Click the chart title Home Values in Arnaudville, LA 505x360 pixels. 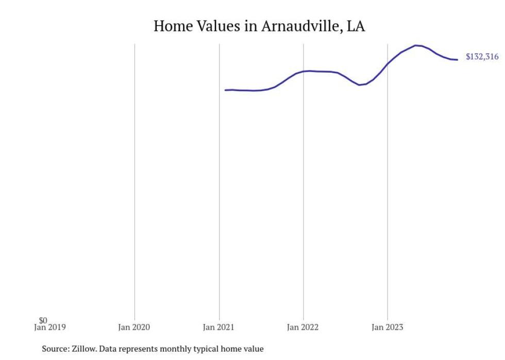tap(259, 26)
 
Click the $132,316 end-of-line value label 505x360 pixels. tap(482, 57)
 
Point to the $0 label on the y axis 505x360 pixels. tap(43, 320)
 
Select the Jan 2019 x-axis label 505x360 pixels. tap(50, 327)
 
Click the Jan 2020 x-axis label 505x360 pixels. tap(134, 327)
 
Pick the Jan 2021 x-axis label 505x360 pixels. tap(219, 327)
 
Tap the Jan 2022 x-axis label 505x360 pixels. tap(304, 327)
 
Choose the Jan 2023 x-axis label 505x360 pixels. tap(388, 327)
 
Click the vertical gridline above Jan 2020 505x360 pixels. tap(134, 180)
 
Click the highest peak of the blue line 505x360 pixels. tap(417, 45)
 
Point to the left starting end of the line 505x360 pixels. tap(226, 90)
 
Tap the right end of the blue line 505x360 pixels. tap(457, 60)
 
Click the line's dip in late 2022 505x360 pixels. tap(360, 84)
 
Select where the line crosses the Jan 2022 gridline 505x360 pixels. tap(304, 71)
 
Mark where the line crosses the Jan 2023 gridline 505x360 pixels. tap(388, 64)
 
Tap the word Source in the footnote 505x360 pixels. tap(54, 349)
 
